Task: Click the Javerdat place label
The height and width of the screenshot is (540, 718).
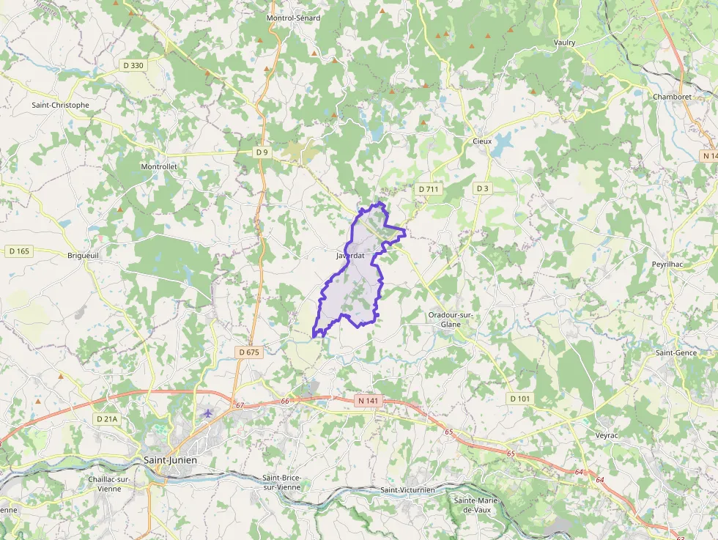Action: [350, 256]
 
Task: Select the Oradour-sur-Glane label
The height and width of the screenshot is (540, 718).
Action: [451, 319]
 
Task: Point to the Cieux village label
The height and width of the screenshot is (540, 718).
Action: [482, 141]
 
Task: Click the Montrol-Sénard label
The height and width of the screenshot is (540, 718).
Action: [293, 18]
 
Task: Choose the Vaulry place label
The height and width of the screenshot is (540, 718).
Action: [565, 42]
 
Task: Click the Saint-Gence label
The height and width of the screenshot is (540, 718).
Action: [676, 352]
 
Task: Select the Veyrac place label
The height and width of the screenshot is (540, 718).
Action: [608, 435]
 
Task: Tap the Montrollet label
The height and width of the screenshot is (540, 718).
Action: [159, 167]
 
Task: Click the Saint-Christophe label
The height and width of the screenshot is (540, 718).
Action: [60, 105]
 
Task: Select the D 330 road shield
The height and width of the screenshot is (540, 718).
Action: [134, 65]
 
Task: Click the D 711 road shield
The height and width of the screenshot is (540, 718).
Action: [429, 189]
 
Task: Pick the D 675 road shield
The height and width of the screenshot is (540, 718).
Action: [249, 352]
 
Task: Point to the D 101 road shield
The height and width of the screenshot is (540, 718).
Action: [519, 398]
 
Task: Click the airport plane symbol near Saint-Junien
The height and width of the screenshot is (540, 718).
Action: [207, 413]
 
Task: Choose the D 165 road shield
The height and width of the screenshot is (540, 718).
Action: [20, 251]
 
